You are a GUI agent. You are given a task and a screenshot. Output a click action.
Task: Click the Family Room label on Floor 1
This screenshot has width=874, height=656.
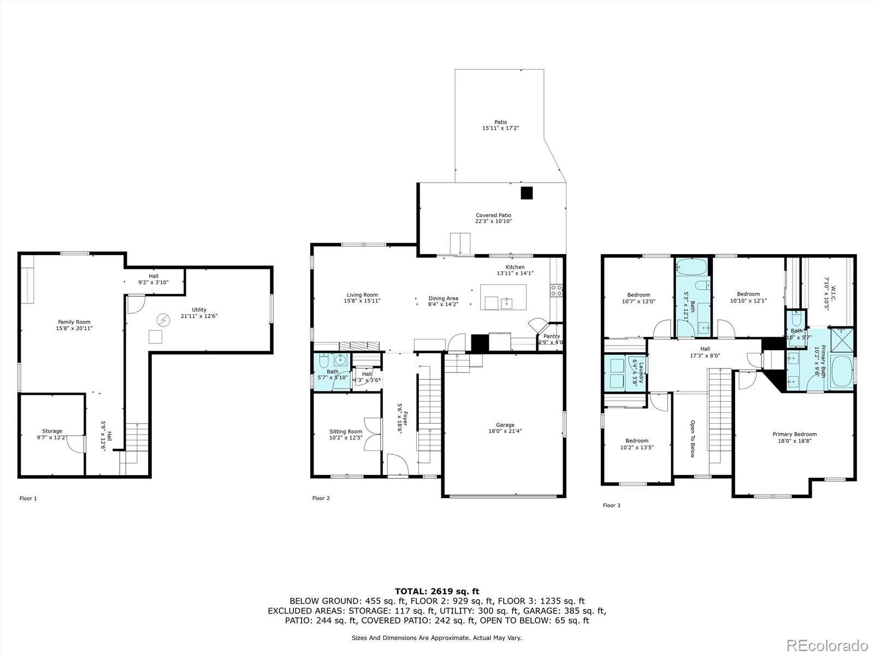[74, 322]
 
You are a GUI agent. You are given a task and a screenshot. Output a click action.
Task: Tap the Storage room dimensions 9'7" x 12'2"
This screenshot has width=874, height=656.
[52, 437]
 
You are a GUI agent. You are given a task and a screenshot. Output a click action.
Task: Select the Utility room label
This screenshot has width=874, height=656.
[199, 309]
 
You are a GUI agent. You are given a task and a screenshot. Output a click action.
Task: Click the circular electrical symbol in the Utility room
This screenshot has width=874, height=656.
[163, 319]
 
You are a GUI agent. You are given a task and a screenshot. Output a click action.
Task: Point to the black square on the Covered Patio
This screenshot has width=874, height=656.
[526, 193]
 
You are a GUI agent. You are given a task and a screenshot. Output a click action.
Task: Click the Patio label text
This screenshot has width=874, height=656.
[500, 122]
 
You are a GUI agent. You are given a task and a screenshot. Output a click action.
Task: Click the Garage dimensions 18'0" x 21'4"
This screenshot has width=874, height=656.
[505, 431]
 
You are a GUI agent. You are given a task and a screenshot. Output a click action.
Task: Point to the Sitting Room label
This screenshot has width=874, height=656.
[345, 431]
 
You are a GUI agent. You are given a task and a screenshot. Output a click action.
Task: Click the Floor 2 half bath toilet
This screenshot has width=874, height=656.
[323, 361]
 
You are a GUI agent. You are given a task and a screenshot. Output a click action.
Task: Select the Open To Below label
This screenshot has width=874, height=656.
[692, 438]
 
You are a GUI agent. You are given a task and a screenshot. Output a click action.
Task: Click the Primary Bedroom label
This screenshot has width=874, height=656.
[794, 434]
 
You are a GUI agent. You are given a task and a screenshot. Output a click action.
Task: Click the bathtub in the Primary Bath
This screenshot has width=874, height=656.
[841, 372]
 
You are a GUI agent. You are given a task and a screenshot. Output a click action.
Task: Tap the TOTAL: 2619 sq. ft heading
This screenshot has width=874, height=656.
[436, 591]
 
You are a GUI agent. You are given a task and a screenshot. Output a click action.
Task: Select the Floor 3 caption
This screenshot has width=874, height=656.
[611, 505]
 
